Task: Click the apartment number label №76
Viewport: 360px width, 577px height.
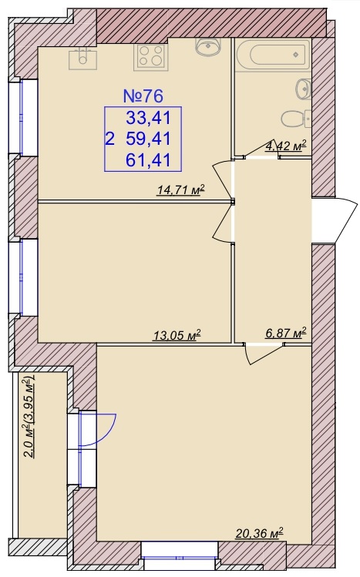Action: coord(143,96)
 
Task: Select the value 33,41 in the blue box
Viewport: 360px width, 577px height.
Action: coord(148,118)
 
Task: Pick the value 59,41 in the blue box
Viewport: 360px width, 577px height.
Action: coord(148,139)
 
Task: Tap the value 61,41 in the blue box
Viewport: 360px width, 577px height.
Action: coord(148,160)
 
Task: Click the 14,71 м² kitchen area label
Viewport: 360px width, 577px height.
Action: coord(180,190)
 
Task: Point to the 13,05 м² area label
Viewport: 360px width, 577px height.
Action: coord(177,335)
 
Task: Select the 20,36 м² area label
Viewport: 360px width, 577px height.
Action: coord(260,533)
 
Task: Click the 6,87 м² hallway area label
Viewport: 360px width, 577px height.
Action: coord(286,334)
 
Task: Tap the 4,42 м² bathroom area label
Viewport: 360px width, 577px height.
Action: coord(286,146)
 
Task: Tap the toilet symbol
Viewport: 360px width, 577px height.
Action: coord(296,119)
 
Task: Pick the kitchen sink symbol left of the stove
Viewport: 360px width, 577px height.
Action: coord(83,59)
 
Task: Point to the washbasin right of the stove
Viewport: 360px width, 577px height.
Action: coord(208,47)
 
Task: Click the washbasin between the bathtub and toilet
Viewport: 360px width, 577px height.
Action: coord(304,89)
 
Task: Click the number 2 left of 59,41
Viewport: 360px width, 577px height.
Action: coord(109,139)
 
